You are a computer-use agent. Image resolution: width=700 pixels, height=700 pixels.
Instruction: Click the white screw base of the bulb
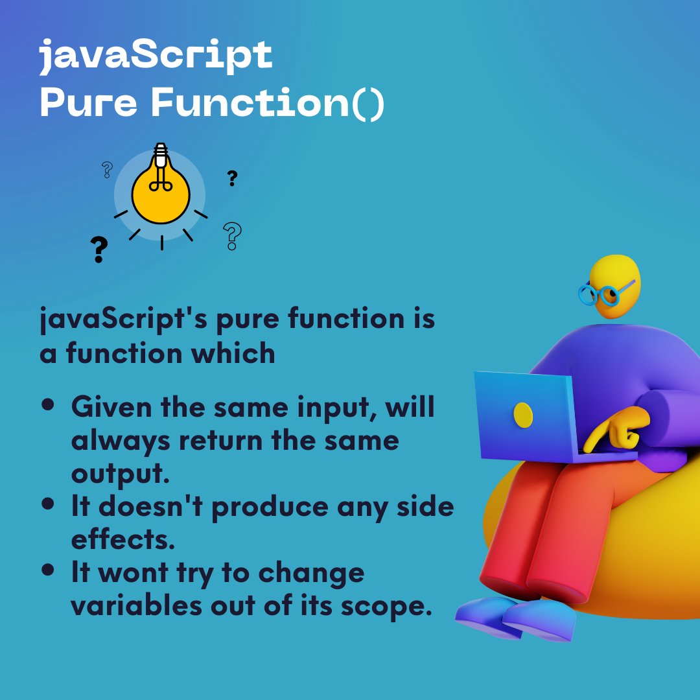(x=160, y=156)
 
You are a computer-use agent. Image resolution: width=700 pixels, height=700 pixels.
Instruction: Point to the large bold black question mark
(x=99, y=250)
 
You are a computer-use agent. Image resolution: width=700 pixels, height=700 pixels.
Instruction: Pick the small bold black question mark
(x=232, y=178)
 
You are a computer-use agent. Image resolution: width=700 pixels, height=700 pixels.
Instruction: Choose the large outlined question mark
(x=232, y=236)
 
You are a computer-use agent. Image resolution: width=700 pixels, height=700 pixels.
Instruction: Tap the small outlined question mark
(x=108, y=170)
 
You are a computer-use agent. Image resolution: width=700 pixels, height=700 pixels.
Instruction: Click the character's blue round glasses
(x=601, y=294)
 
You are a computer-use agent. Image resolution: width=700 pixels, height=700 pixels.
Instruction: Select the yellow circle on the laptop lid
(x=523, y=414)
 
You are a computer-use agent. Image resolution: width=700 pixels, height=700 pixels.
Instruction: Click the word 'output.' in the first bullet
(x=120, y=474)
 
